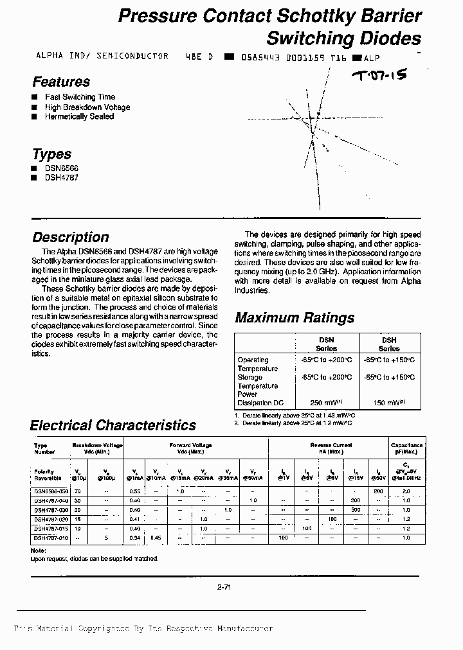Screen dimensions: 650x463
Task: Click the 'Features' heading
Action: pos(61,82)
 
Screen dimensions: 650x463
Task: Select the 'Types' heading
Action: pos(51,154)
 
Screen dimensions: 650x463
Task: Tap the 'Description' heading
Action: pos(71,237)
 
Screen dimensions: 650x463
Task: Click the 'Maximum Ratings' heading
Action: pos(295,317)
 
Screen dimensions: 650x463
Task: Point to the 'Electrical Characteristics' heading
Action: pos(113,425)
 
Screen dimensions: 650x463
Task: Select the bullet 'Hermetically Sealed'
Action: pos(79,116)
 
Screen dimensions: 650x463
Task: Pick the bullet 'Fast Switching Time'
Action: pos(80,97)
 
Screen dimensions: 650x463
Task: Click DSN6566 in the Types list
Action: pos(61,168)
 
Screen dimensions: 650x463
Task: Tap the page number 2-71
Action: pos(225,586)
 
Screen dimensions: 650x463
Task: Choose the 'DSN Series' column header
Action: pos(327,344)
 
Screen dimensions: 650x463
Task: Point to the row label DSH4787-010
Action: pos(50,538)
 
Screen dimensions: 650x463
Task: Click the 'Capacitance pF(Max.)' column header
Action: pos(406,448)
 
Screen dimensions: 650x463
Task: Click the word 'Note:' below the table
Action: pos(38,550)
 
